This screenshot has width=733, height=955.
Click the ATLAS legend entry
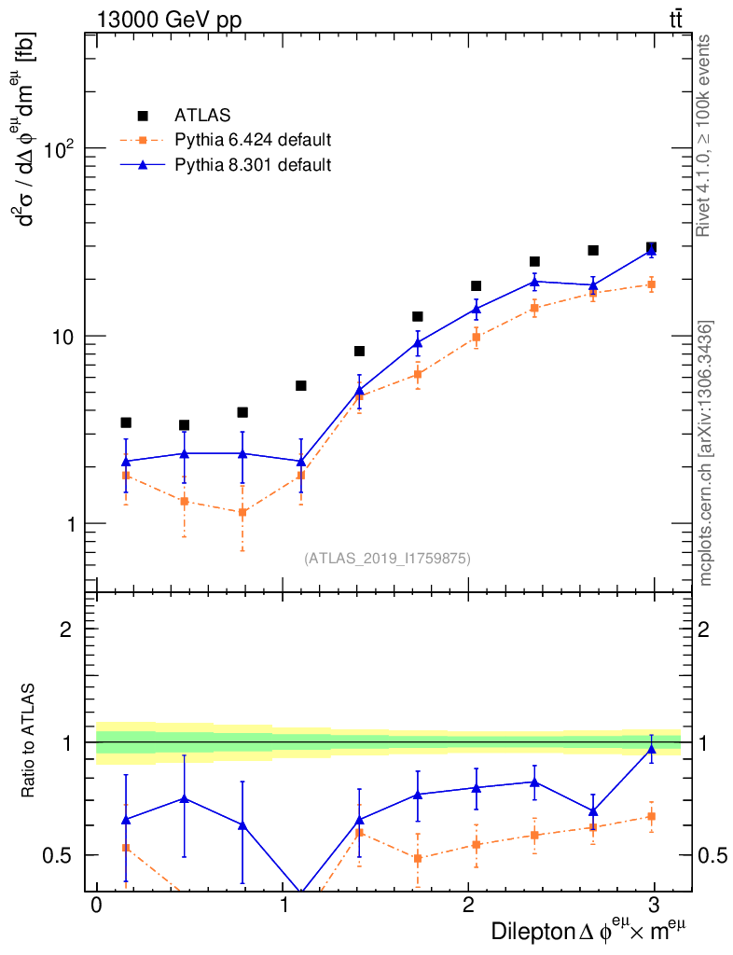[x=196, y=116]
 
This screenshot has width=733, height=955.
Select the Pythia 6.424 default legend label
[x=253, y=141]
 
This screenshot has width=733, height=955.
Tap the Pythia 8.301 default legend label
[x=253, y=165]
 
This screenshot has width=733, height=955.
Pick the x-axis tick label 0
[x=96, y=907]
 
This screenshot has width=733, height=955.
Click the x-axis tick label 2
[x=467, y=907]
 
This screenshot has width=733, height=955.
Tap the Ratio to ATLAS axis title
[x=30, y=741]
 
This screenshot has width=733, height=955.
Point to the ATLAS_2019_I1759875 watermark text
[x=387, y=559]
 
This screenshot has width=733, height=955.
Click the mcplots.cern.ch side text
[x=706, y=453]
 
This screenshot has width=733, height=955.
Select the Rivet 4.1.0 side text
[x=706, y=135]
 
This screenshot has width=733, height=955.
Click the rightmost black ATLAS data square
[x=651, y=247]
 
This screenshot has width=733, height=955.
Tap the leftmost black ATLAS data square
[x=126, y=422]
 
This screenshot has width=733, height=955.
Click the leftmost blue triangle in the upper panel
[x=126, y=461]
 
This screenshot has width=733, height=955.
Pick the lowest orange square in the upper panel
[x=242, y=512]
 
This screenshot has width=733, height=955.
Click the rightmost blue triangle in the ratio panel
[x=651, y=749]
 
